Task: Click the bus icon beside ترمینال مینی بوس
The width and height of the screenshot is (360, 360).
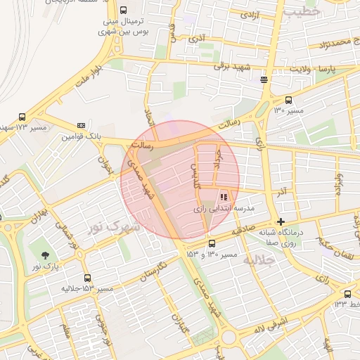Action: (124, 11)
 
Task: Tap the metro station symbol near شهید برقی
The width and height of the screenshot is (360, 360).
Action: (264, 79)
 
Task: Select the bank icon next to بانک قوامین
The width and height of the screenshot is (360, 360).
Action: (81, 125)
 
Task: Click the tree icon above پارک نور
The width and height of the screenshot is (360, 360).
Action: (46, 255)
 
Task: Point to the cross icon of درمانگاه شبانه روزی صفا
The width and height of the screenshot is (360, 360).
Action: (281, 221)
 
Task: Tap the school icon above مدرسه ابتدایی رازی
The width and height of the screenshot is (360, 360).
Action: (224, 198)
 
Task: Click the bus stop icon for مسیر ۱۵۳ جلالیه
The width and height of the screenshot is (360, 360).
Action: (87, 278)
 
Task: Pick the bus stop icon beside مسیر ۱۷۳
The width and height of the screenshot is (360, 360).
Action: (22, 117)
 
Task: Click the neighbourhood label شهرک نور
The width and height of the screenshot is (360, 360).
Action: (113, 227)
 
